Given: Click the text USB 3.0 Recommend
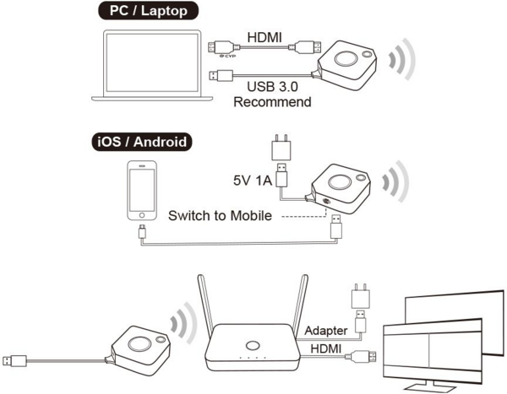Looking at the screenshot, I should [272, 94].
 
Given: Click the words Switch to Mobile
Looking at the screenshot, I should [219, 216].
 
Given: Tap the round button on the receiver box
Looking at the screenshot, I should [251, 345].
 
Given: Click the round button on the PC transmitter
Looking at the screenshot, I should [345, 61].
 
